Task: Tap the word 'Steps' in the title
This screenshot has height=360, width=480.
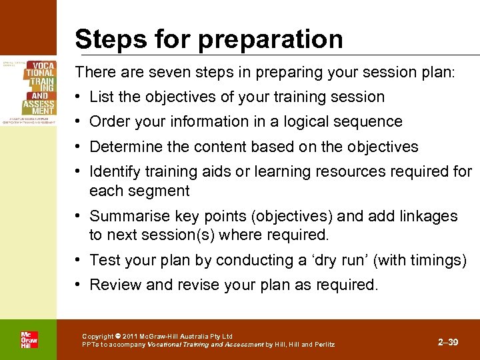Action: pyautogui.click(x=108, y=39)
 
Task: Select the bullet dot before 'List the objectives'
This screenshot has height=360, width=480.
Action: pyautogui.click(x=79, y=97)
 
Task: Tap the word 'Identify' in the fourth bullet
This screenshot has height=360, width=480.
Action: pyautogui.click(x=114, y=172)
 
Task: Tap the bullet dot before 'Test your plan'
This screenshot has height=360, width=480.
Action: pyautogui.click(x=79, y=260)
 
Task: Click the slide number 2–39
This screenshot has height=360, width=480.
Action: pyautogui.click(x=448, y=342)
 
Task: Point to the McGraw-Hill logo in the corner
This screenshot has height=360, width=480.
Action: pyautogui.click(x=29, y=339)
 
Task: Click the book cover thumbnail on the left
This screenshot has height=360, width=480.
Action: pyautogui.click(x=29, y=87)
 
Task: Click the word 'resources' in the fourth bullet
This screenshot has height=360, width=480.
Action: pyautogui.click(x=367, y=172)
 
